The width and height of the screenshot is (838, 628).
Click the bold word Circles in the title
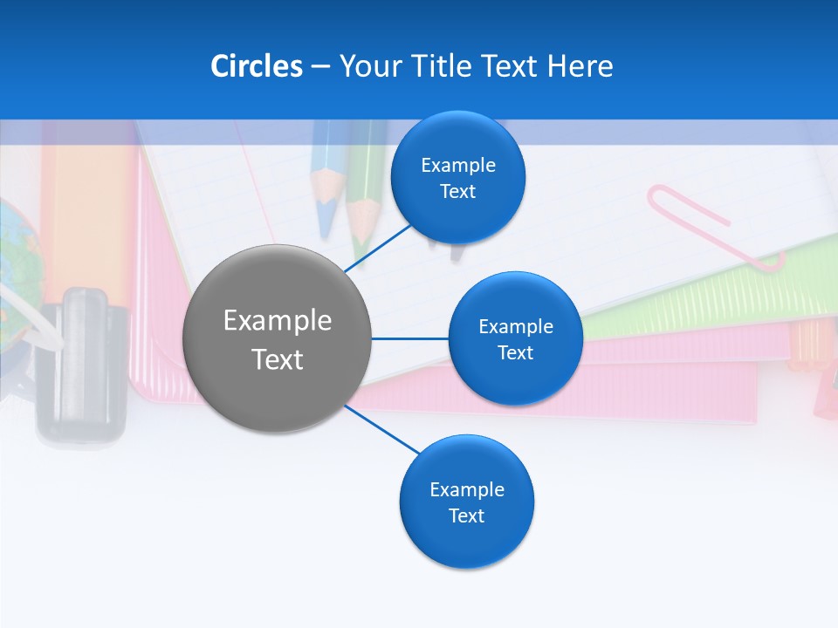click(257, 66)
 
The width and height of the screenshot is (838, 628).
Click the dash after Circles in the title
click(320, 67)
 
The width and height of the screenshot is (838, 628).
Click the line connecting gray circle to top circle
click(378, 248)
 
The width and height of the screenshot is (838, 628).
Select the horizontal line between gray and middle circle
click(409, 338)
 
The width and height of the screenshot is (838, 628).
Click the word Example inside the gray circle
click(278, 321)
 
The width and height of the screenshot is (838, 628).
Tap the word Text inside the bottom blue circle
click(467, 516)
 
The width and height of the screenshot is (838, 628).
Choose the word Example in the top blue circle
click(458, 166)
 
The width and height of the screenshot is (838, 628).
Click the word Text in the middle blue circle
click(515, 353)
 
